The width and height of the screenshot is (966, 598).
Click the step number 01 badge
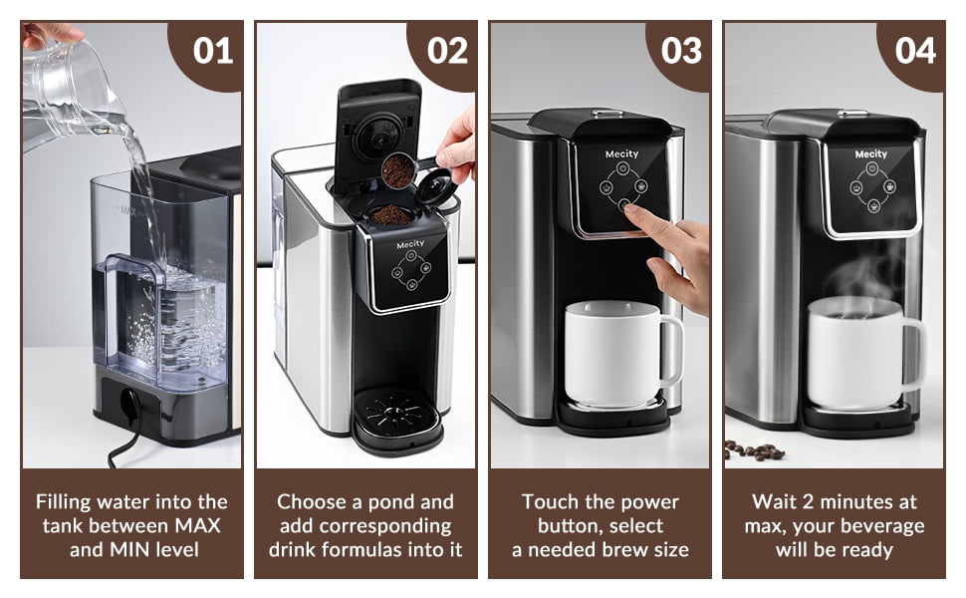(212, 51)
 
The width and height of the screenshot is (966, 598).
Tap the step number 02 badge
(447, 51)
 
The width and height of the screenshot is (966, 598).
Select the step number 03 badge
(681, 51)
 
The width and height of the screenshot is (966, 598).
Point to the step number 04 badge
(915, 51)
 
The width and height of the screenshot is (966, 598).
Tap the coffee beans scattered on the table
(754, 449)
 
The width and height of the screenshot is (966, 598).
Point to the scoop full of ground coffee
(399, 170)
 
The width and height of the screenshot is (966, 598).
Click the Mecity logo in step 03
(621, 154)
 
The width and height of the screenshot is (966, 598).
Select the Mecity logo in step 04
(870, 154)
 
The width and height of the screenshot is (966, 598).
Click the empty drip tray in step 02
(396, 413)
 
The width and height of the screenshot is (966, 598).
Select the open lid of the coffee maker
(377, 130)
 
